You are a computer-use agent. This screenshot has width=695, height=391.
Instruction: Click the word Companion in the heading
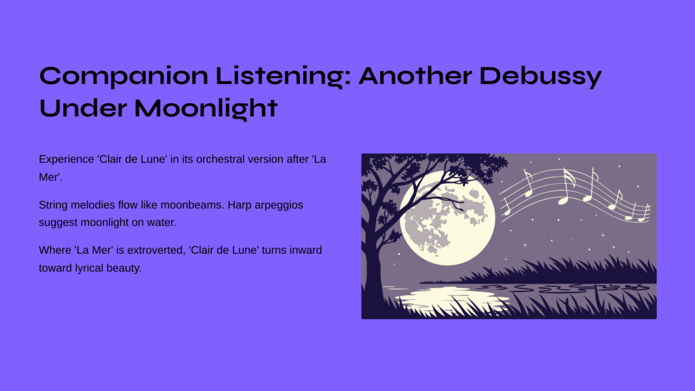coord(124,76)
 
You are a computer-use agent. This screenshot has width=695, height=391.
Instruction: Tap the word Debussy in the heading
coord(540,76)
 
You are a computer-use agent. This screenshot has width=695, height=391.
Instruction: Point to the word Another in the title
coord(415,75)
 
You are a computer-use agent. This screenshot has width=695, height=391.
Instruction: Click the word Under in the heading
coord(83,108)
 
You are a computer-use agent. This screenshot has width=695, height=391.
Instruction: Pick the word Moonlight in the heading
coord(206,109)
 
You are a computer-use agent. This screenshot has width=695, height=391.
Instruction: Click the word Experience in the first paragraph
coord(67,160)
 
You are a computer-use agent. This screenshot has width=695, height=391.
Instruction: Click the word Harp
coord(238,205)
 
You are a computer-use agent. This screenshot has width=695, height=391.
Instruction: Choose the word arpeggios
coord(278,206)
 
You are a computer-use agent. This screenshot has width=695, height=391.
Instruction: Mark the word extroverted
coord(157,250)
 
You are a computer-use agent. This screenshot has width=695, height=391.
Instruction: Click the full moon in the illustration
coord(448,218)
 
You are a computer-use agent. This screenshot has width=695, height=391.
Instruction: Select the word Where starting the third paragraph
coord(54,250)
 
